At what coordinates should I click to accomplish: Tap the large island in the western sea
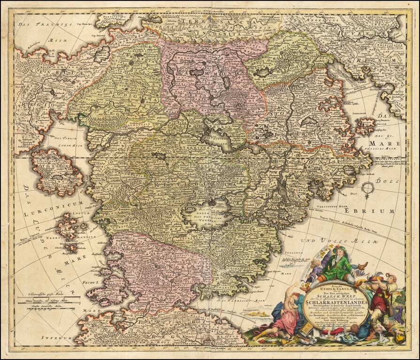coord(56,171)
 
